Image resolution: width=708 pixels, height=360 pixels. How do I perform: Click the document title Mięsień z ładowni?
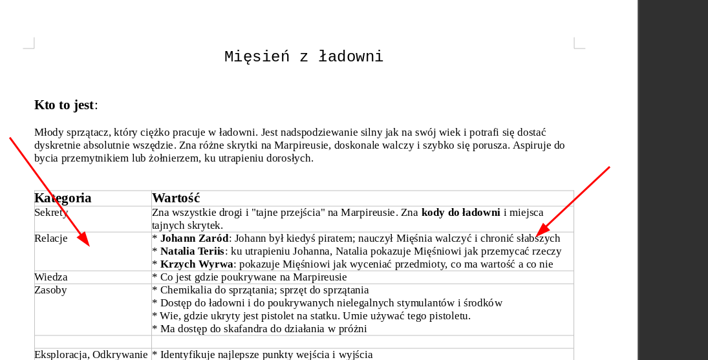(303, 57)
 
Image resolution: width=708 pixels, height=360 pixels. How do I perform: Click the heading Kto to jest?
(64, 105)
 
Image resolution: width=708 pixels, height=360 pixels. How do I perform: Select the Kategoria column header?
(63, 198)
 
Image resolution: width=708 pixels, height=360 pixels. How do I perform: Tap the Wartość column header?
(176, 198)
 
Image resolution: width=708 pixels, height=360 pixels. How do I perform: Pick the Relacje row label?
(51, 238)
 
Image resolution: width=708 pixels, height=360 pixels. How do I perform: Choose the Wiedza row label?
(51, 277)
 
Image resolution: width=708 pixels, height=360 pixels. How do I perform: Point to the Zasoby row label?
(50, 290)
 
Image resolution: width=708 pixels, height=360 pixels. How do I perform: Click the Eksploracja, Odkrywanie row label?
(91, 354)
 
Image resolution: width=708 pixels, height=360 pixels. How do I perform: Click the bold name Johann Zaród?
(194, 238)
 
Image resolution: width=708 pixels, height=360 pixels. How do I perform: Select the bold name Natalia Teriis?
(192, 251)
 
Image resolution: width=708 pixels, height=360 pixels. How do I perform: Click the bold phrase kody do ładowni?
(460, 213)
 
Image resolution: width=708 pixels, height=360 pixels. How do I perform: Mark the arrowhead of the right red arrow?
(539, 233)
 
